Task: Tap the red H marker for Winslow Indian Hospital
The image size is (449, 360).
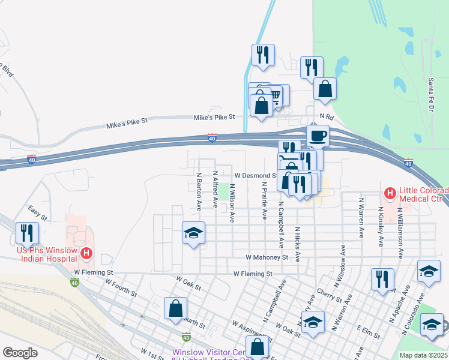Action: click(86, 254)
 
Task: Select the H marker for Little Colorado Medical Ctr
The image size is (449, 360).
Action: click(390, 194)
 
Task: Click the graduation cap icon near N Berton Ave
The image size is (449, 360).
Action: click(193, 233)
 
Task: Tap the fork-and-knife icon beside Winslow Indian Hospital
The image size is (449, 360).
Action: click(27, 232)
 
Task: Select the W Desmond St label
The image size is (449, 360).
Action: click(255, 176)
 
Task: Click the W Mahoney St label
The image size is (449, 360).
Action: click(267, 257)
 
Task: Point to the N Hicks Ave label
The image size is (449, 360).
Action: click(297, 244)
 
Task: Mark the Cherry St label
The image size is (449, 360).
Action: click(331, 294)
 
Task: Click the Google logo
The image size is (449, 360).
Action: click(20, 353)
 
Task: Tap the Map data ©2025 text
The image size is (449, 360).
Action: click(423, 355)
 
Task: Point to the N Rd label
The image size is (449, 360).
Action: click(326, 116)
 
